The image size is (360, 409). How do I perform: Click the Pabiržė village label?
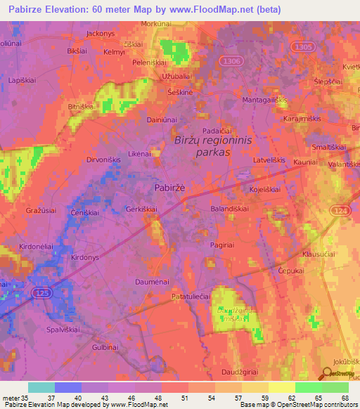point(169,188)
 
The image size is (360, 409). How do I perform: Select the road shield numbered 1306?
point(230,62)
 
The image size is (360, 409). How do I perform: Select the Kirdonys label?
point(86,257)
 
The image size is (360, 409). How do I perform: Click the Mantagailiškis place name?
point(265,102)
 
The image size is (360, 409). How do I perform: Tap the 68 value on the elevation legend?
point(345,398)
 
